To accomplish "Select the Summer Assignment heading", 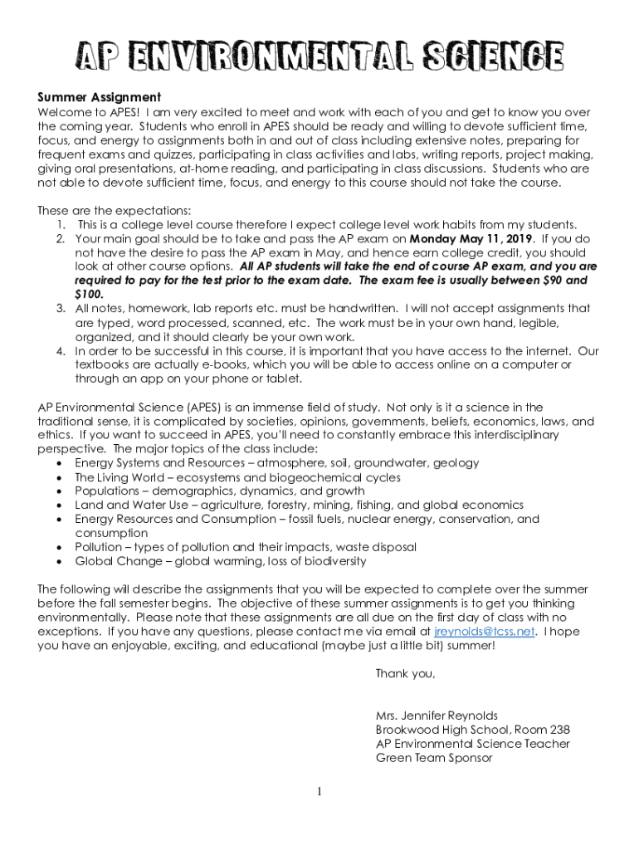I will pos(99,98).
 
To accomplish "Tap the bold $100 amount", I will pos(90,294).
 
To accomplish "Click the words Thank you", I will pos(405,673).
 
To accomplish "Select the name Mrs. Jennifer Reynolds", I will pos(437,716).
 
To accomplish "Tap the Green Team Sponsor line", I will pos(433,758).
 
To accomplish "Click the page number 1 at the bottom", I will pos(319,792).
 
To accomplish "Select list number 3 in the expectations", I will pos(61,309).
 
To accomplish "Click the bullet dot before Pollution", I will pos(60,548).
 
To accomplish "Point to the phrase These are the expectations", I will pos(115,210).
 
